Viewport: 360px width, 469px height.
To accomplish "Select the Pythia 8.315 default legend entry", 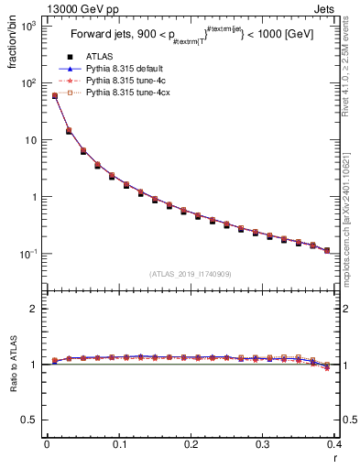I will tap(123, 69).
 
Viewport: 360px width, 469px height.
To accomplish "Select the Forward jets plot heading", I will tap(197, 36).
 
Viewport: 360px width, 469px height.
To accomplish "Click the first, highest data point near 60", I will tap(54, 95).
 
